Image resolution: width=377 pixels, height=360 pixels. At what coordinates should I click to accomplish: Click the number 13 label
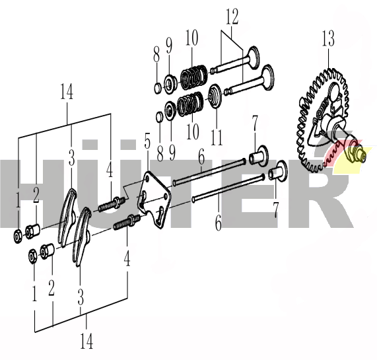click(328, 38)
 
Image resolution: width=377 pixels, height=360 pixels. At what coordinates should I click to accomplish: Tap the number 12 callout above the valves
click(232, 17)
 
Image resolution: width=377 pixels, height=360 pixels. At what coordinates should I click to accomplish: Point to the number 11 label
click(217, 137)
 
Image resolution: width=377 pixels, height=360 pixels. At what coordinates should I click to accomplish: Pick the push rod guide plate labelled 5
click(153, 199)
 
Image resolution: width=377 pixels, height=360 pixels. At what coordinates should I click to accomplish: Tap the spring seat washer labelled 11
click(215, 96)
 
